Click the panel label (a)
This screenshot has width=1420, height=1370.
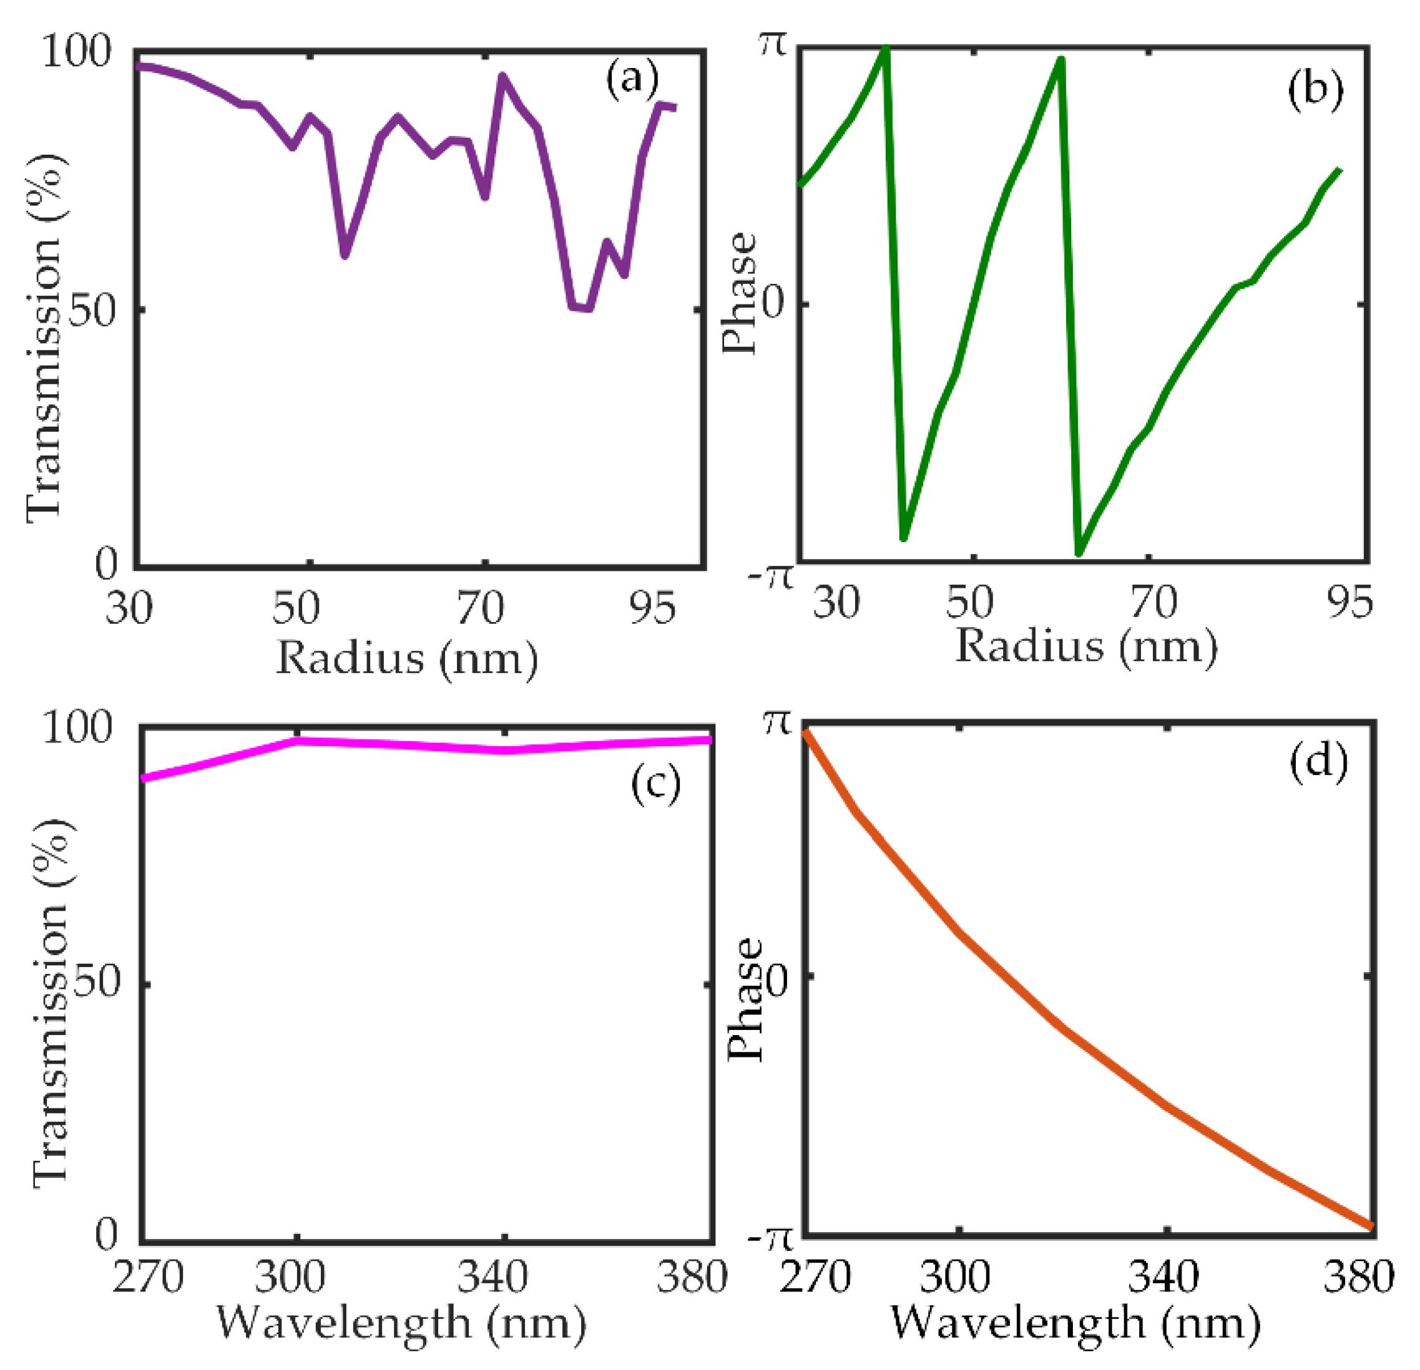pos(632,77)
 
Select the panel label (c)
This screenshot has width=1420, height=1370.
pos(655,782)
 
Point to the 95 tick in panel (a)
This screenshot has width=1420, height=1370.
pos(653,607)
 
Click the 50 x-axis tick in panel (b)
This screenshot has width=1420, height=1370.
pos(969,601)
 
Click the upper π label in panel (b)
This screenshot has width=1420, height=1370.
pos(772,45)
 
